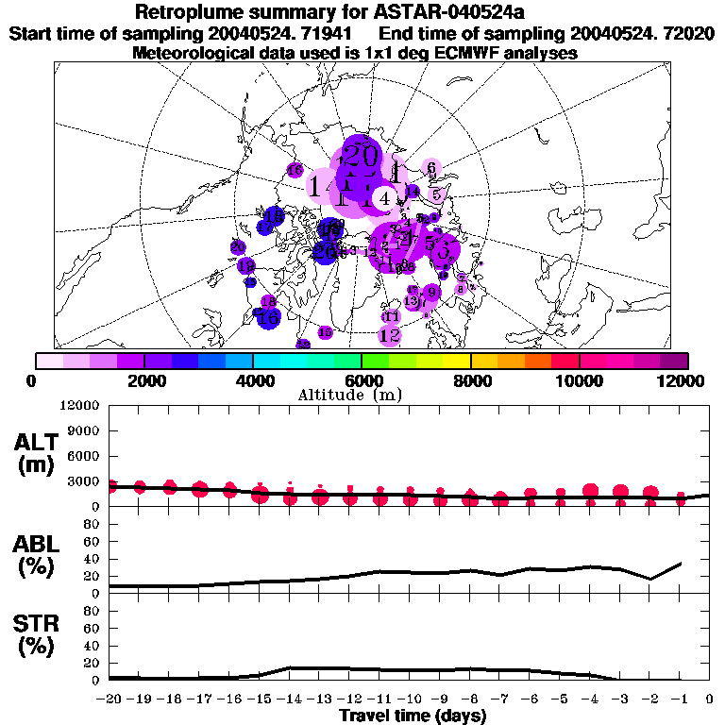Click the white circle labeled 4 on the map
384,198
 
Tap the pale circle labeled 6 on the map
430,168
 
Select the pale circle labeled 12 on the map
390,334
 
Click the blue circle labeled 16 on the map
268,317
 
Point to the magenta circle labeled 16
295,171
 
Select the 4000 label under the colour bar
253,380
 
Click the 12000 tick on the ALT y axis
80,406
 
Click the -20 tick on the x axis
110,700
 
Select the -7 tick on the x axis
501,700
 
